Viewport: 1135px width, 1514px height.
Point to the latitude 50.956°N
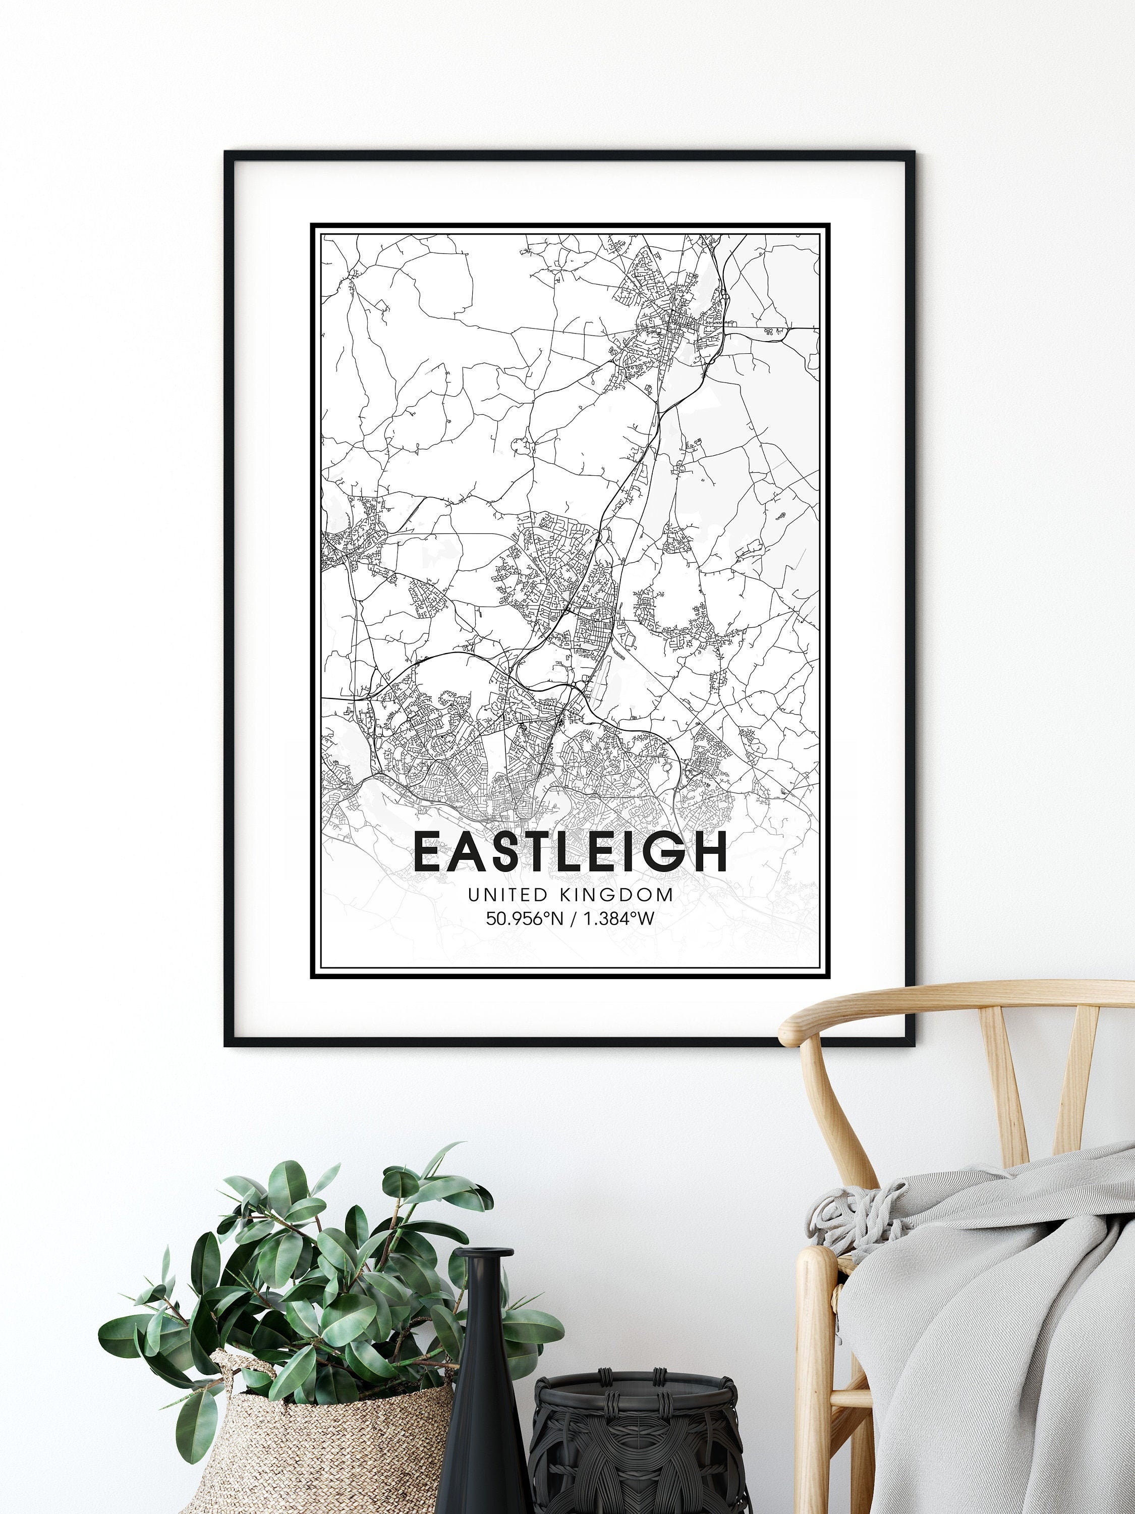(x=524, y=918)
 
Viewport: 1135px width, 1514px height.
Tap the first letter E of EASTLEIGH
(x=429, y=852)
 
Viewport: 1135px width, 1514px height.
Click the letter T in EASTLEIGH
(x=526, y=852)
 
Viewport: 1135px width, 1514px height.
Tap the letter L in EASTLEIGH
(x=559, y=852)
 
